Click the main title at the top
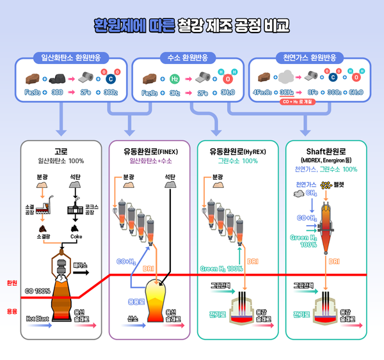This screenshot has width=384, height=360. tap(192, 26)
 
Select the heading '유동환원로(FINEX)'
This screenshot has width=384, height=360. tap(149, 152)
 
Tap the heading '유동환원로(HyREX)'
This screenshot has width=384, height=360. tap(237, 152)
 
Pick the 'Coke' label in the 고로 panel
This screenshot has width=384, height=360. tap(77, 236)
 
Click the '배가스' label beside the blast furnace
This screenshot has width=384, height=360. tap(81, 263)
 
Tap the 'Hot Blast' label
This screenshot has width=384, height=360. tap(38, 317)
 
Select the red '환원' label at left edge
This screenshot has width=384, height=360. tap(11, 282)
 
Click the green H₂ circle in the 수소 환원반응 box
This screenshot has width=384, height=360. tap(175, 78)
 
